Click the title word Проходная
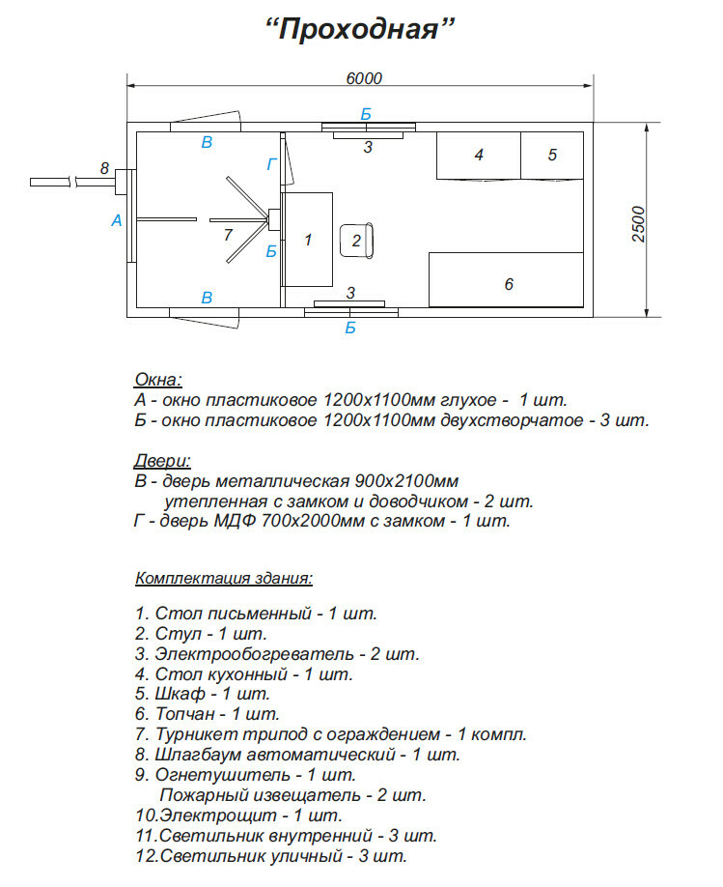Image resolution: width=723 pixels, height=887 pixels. click(360, 29)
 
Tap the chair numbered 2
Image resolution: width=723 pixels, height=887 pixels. click(357, 240)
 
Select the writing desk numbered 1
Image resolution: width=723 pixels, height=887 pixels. click(308, 239)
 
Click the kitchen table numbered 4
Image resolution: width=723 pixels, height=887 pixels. click(479, 155)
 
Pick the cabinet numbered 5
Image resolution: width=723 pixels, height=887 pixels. click(552, 155)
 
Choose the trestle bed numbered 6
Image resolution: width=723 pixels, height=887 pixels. click(509, 284)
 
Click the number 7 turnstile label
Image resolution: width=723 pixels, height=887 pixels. click(227, 235)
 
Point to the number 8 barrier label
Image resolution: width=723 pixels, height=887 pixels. click(104, 169)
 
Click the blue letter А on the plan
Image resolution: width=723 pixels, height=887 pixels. click(117, 220)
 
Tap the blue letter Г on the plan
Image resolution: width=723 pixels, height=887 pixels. click(272, 165)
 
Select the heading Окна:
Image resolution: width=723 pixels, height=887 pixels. click(158, 379)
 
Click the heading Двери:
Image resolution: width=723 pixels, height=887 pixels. click(163, 460)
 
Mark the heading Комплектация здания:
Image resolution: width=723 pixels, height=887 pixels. click(224, 579)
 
